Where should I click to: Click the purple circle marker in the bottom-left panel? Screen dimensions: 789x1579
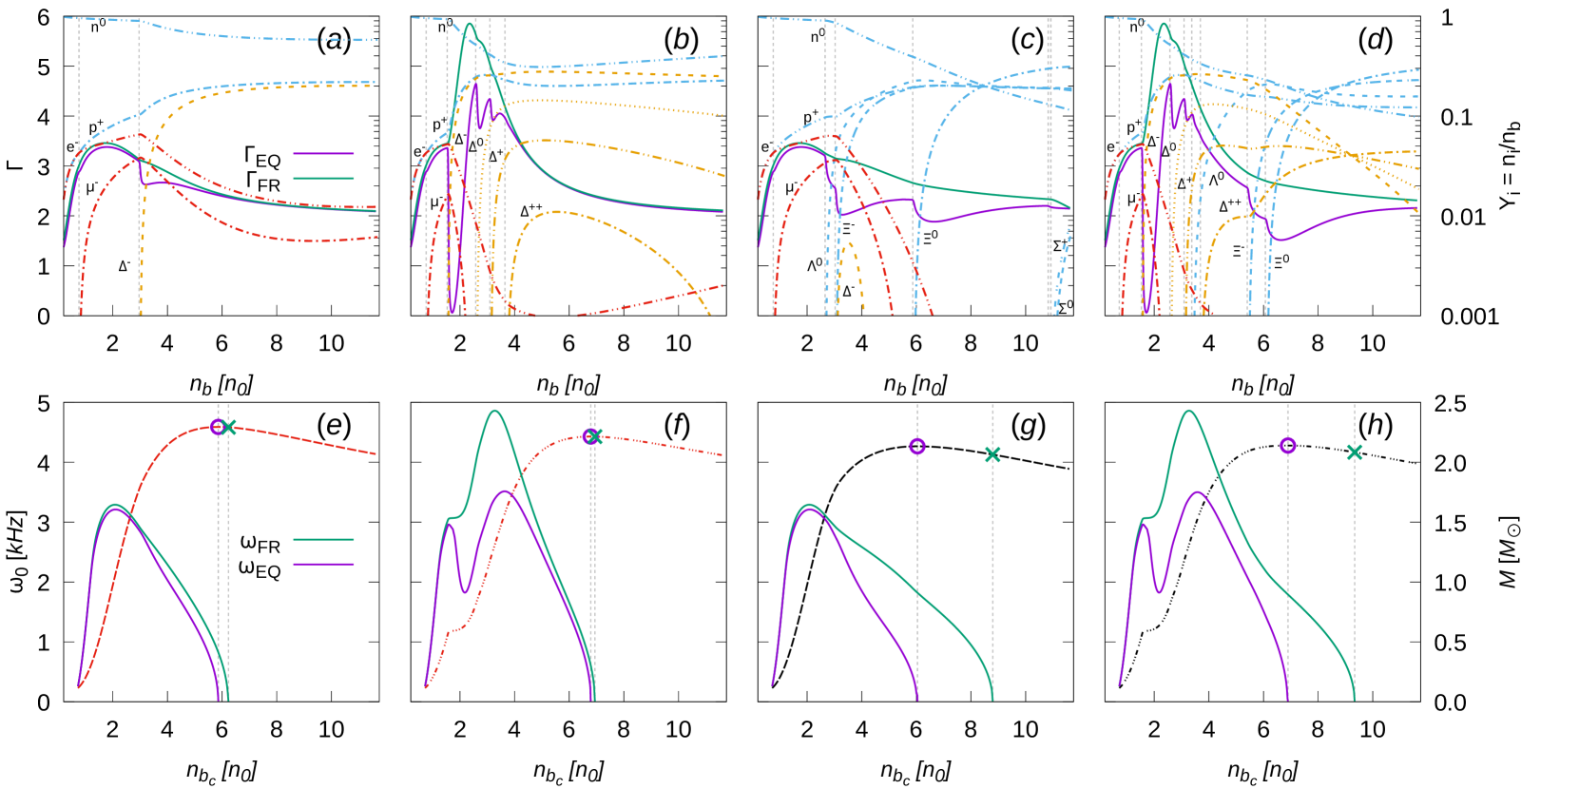[x=218, y=427]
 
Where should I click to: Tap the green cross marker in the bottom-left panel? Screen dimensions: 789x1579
[x=228, y=427]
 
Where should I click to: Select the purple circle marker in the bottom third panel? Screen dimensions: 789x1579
[x=917, y=446]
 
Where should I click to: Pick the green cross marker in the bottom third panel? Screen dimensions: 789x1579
[x=992, y=454]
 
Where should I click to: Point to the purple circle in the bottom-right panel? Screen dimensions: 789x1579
[x=1288, y=445]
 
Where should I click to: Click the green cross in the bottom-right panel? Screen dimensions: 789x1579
[x=1355, y=452]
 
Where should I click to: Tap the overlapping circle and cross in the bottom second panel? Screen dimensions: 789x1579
[x=592, y=436]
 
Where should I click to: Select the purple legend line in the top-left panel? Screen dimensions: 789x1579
[x=323, y=153]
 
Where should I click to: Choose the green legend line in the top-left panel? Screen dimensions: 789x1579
[x=323, y=178]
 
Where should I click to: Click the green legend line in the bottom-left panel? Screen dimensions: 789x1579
[x=323, y=539]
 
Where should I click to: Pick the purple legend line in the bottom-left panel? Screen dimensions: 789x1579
[x=323, y=564]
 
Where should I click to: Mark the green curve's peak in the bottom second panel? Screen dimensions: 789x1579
[x=494, y=411]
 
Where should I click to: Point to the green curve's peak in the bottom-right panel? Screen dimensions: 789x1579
[x=1188, y=411]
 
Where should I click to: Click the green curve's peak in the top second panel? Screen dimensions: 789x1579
[x=470, y=24]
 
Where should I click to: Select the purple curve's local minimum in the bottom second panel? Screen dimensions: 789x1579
[x=465, y=592]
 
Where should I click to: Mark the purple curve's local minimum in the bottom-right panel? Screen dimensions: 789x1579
[x=1159, y=592]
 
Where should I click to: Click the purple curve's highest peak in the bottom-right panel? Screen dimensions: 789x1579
[x=1197, y=491]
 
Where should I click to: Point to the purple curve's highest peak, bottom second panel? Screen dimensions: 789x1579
[x=503, y=491]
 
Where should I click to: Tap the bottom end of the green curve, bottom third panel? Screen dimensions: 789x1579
[x=992, y=700]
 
